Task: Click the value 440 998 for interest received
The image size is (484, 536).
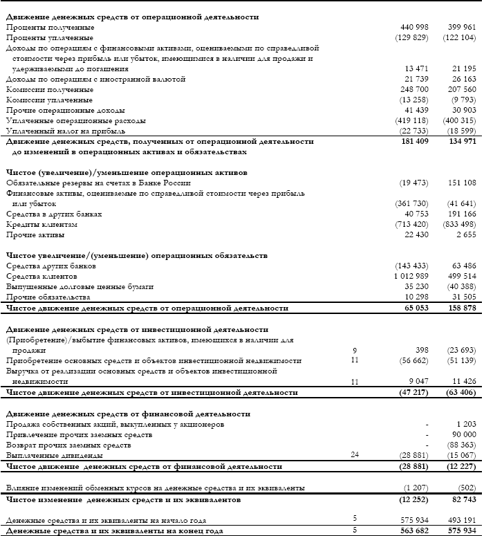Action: pos(414,26)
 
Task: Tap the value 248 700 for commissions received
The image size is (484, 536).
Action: pos(414,90)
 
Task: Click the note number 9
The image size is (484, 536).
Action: pos(354,351)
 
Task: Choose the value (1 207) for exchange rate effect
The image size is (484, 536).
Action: pos(414,488)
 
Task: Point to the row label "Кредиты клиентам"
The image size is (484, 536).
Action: pos(41,225)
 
